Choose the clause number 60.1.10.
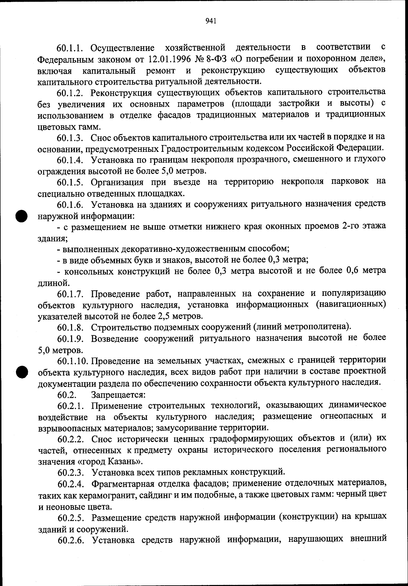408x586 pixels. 72,360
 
